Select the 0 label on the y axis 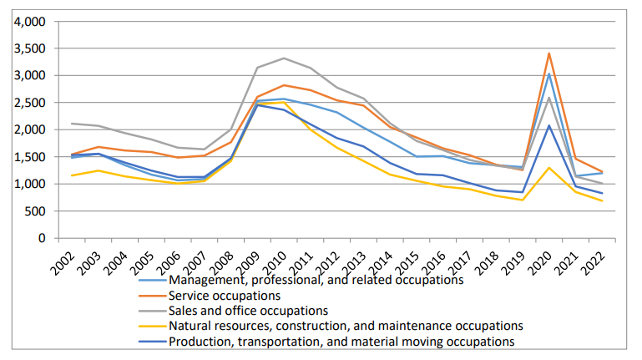pyautogui.click(x=41, y=238)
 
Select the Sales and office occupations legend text pyautogui.click(x=249, y=311)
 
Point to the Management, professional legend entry pyautogui.click(x=316, y=281)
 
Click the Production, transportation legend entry pyautogui.click(x=341, y=341)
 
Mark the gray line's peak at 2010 pyautogui.click(x=286, y=58)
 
